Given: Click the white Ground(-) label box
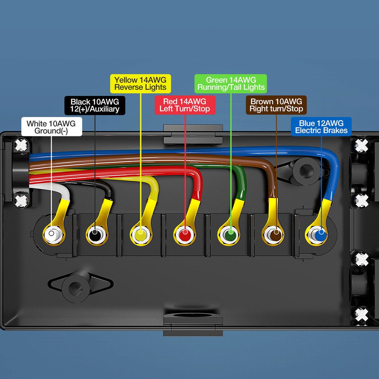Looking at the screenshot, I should pos(51,127).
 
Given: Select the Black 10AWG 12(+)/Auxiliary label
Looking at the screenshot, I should pos(95,105).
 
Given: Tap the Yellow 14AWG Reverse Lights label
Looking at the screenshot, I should pos(140,84).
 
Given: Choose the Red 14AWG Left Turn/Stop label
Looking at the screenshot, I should pos(185,105).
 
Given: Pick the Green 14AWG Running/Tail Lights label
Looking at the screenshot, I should pos(231,84).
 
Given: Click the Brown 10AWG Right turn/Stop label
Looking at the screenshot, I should pos(276,105).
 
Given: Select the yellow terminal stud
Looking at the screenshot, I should pos(140,233).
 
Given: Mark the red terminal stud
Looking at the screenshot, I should pos(185,233).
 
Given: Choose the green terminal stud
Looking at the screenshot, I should pos(230,233).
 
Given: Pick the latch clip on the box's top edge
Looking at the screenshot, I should pos(193,135).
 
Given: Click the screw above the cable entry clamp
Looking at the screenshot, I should pos(22,145).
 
